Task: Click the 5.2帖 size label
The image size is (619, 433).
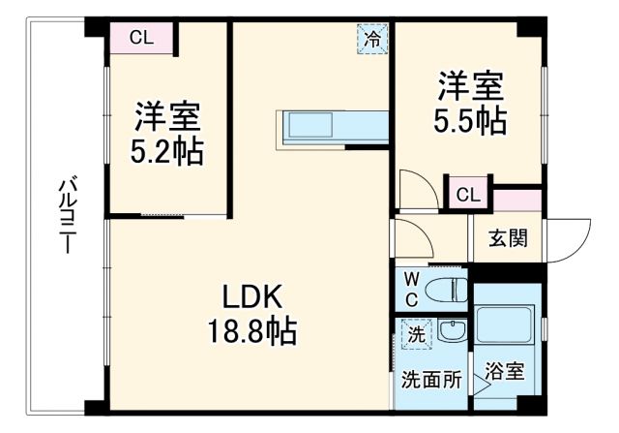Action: (166, 153)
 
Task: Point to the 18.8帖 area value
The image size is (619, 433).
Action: (253, 332)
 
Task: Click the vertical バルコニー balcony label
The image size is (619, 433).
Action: (68, 216)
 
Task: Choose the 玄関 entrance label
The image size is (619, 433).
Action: (508, 237)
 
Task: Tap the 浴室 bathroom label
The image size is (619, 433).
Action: (504, 371)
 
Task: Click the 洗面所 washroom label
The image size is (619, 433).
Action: (430, 380)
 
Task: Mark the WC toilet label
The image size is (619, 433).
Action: (410, 289)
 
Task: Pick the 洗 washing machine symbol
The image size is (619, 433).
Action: (414, 335)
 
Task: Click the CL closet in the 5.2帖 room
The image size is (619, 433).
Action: (141, 39)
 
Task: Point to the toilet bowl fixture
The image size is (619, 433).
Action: (447, 289)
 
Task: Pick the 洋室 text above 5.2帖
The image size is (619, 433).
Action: (166, 119)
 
